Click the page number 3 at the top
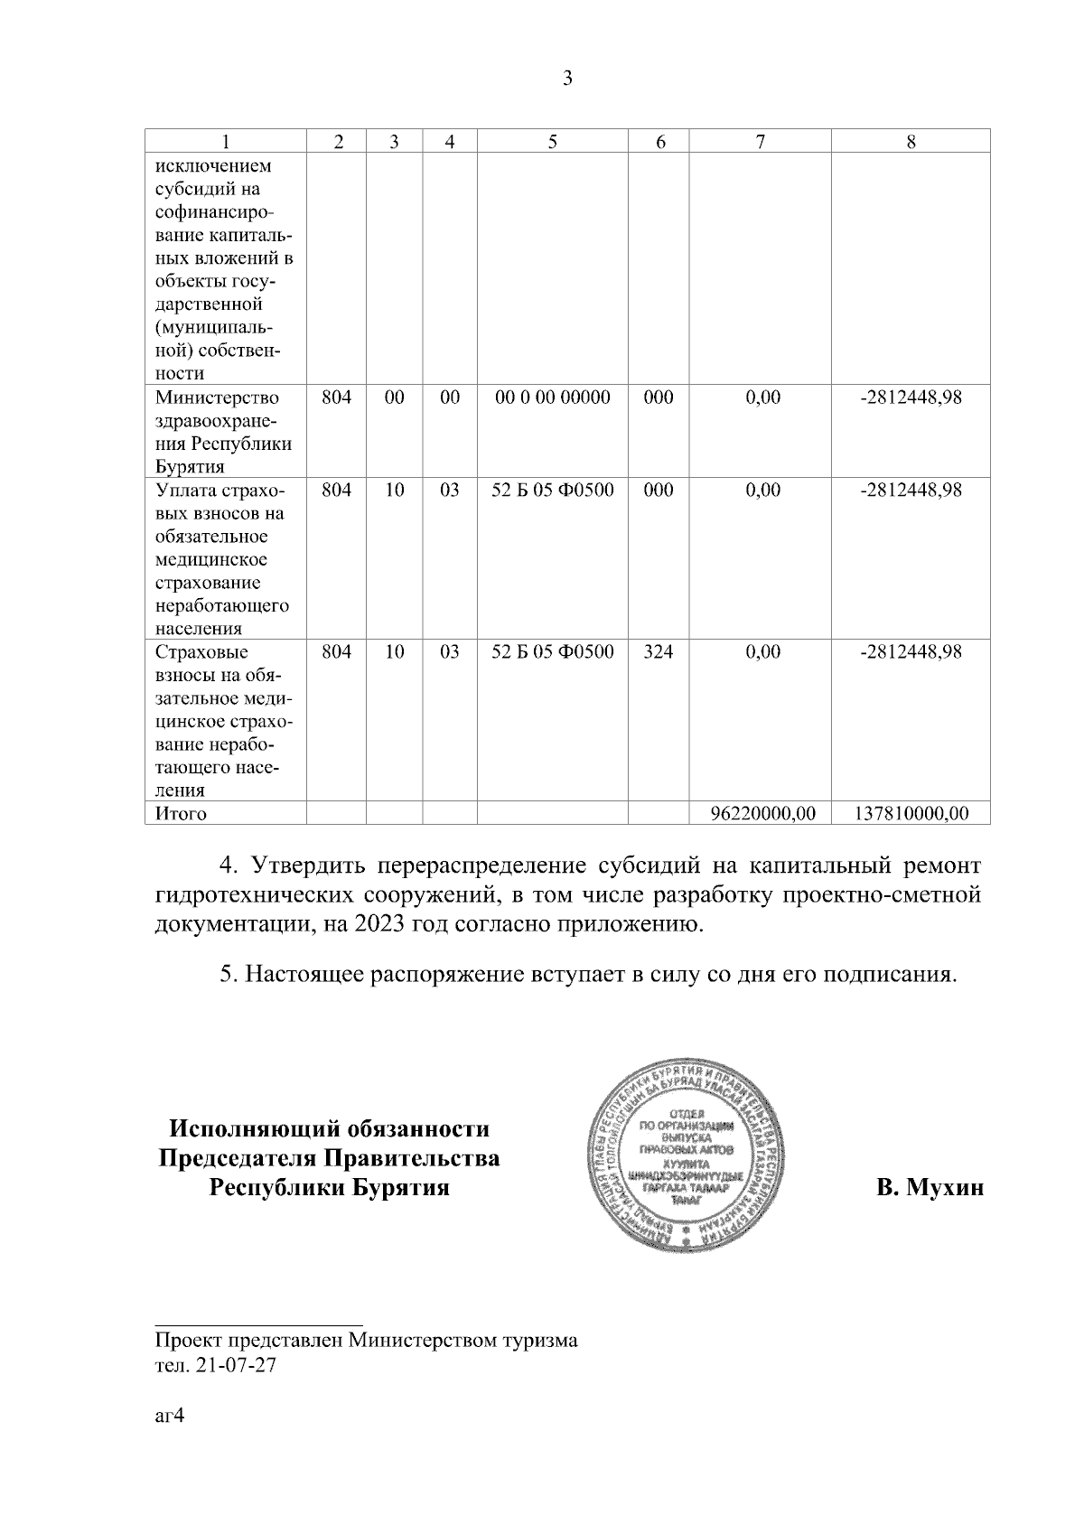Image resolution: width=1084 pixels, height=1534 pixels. (x=567, y=79)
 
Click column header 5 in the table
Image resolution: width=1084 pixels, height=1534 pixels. (x=552, y=142)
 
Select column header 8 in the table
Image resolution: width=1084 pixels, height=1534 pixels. (x=911, y=142)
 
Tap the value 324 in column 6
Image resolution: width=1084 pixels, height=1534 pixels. (x=658, y=651)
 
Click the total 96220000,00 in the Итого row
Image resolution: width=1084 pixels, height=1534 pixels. (x=763, y=813)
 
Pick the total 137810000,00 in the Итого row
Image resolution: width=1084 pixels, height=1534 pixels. (x=911, y=813)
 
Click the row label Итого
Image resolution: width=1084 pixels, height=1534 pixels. (x=181, y=813)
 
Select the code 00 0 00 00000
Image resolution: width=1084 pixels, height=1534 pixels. (x=553, y=398)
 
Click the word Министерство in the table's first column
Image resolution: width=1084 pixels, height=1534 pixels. (x=218, y=398)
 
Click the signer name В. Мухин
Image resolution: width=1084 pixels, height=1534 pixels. (x=930, y=1187)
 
